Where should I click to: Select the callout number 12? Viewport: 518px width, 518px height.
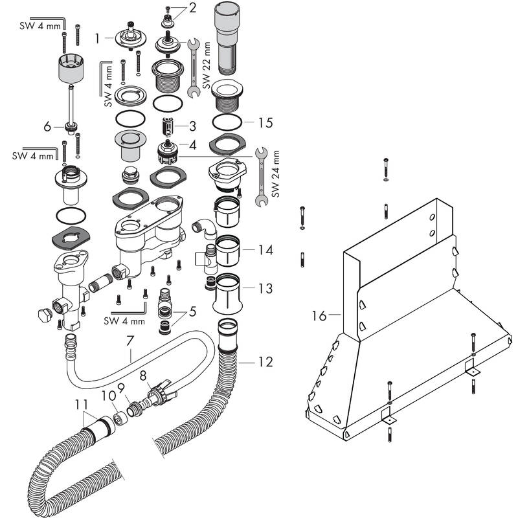265,361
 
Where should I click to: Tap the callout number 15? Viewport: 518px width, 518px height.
265,122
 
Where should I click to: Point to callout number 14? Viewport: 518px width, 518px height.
265,249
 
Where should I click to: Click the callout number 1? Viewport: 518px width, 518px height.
98,39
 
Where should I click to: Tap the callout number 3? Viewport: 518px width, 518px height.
192,125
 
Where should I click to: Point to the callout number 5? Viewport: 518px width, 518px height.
192,311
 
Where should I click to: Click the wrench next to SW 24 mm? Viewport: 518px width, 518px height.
260,176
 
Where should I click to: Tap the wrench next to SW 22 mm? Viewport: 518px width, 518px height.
192,68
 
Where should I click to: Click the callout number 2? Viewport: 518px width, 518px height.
192,8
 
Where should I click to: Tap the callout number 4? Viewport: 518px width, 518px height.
192,145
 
